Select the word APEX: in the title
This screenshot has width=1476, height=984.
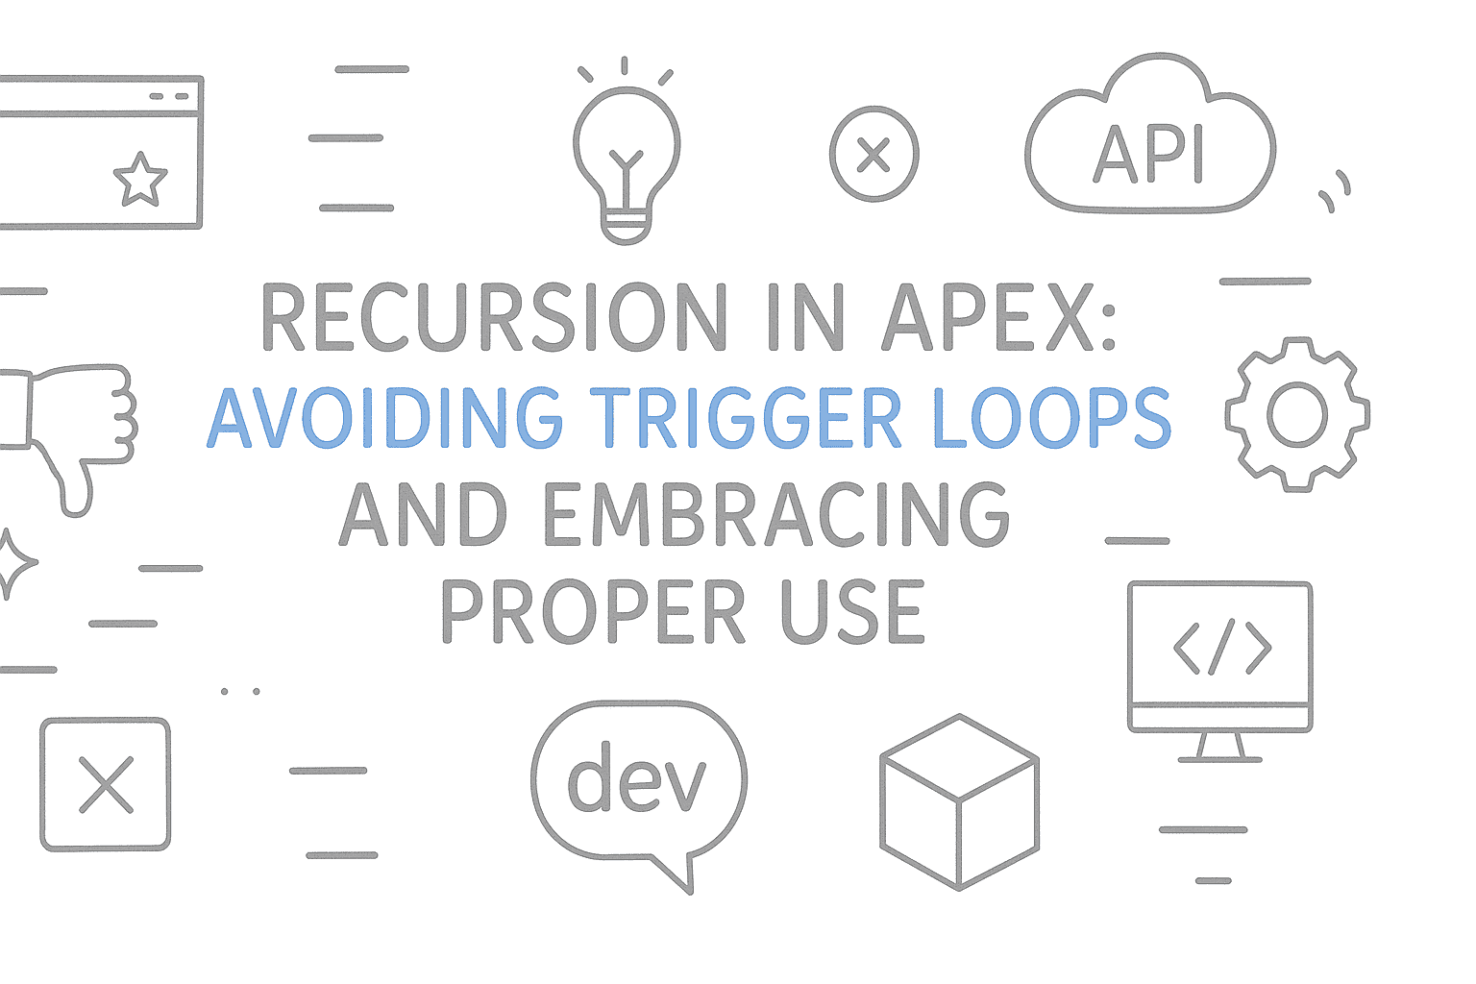(x=999, y=318)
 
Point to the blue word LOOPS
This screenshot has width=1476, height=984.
(x=1052, y=419)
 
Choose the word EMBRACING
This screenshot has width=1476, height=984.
(x=777, y=515)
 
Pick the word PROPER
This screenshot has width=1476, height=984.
(x=592, y=613)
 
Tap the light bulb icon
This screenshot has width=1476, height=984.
(x=627, y=154)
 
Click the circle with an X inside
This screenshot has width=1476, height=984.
(x=873, y=154)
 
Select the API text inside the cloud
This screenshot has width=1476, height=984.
(x=1149, y=154)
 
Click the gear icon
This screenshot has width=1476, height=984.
(x=1297, y=415)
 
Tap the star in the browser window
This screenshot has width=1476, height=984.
(x=140, y=180)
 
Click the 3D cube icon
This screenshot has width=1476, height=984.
(x=959, y=802)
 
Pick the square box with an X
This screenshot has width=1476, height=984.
(x=106, y=784)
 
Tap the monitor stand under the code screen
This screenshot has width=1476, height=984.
(x=1218, y=748)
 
